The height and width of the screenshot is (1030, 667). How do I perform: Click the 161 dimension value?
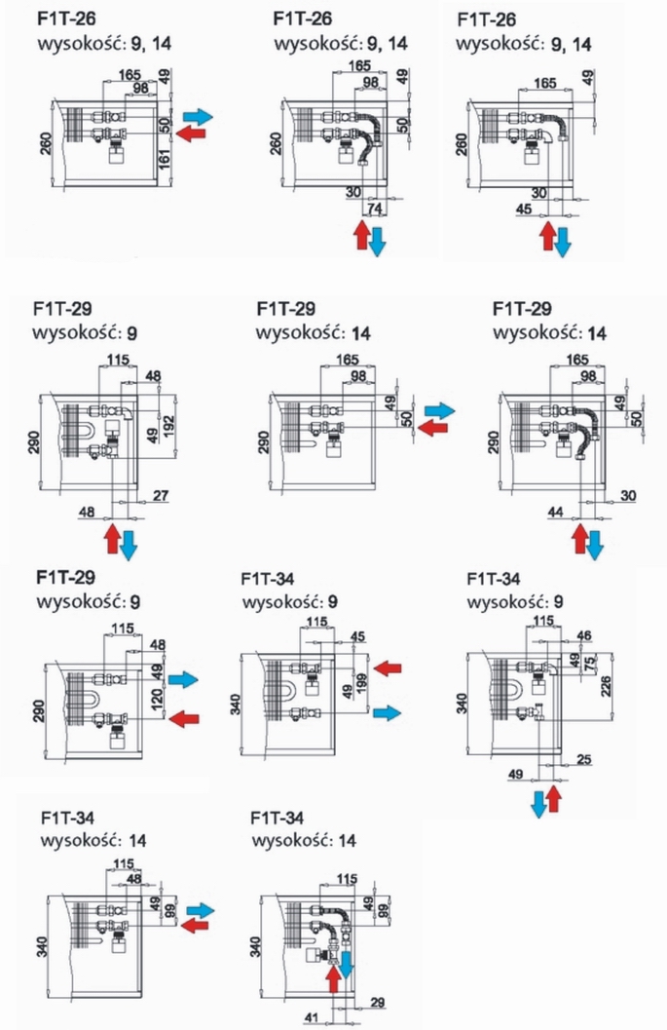(x=165, y=158)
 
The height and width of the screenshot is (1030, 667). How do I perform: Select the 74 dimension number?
(x=374, y=208)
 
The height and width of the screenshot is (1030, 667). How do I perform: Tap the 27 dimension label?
(x=161, y=495)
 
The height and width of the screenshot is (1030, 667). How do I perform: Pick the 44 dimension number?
(x=555, y=512)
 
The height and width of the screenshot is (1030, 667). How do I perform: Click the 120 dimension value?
(x=157, y=701)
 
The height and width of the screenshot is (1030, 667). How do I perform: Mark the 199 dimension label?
(x=361, y=685)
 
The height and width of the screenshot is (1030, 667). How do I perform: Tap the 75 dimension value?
(x=589, y=663)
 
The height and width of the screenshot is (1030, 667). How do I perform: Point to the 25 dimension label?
(x=583, y=759)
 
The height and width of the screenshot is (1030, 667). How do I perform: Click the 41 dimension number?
(x=312, y=1018)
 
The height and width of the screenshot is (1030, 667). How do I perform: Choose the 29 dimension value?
(x=378, y=1003)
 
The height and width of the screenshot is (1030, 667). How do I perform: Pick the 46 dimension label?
(x=583, y=635)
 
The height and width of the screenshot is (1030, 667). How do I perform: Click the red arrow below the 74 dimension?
(x=360, y=236)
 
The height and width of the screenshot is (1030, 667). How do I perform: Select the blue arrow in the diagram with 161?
(x=198, y=117)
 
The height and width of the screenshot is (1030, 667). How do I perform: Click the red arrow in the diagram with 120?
(x=184, y=718)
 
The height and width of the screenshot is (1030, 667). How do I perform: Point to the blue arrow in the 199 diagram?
(x=386, y=712)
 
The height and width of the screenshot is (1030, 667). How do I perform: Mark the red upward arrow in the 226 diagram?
(x=554, y=797)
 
